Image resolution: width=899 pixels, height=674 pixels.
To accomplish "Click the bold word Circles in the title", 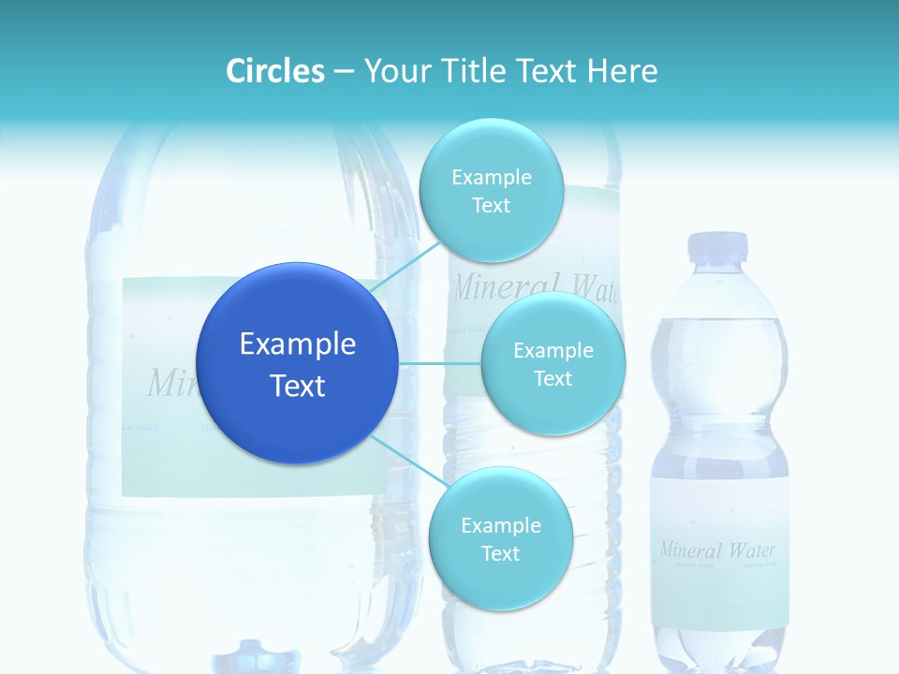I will (x=275, y=71).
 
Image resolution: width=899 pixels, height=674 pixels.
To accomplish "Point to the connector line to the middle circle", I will (x=440, y=363).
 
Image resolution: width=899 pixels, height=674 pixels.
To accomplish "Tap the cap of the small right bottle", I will (x=718, y=247).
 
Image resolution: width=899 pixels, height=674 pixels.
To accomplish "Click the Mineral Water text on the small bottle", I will (x=717, y=549).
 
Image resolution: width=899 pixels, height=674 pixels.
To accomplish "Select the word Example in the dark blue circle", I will (x=297, y=344).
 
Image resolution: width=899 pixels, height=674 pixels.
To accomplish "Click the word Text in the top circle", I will (x=491, y=206).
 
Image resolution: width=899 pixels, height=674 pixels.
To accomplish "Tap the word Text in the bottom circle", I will (x=500, y=554).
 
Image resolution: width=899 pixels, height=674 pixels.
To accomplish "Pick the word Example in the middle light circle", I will (x=553, y=351).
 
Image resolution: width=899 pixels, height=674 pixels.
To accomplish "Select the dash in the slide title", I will (x=343, y=71).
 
